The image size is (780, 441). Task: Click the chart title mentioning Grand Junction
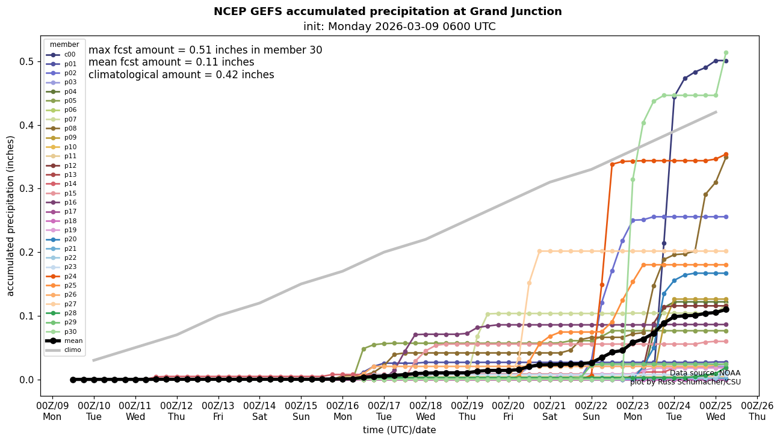pos(388,11)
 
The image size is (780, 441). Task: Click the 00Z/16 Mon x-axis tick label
pos(342,410)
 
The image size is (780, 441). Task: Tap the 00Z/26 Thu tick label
pos(757,410)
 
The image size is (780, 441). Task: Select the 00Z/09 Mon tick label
pos(52,410)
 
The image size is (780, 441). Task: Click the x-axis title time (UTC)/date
pos(399,430)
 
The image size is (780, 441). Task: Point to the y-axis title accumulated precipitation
pos(10,215)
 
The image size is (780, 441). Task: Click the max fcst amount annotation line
pos(205,51)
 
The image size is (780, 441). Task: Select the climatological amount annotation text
pos(181,75)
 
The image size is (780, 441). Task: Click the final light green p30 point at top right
pos(726,53)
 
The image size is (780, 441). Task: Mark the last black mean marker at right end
pos(726,309)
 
